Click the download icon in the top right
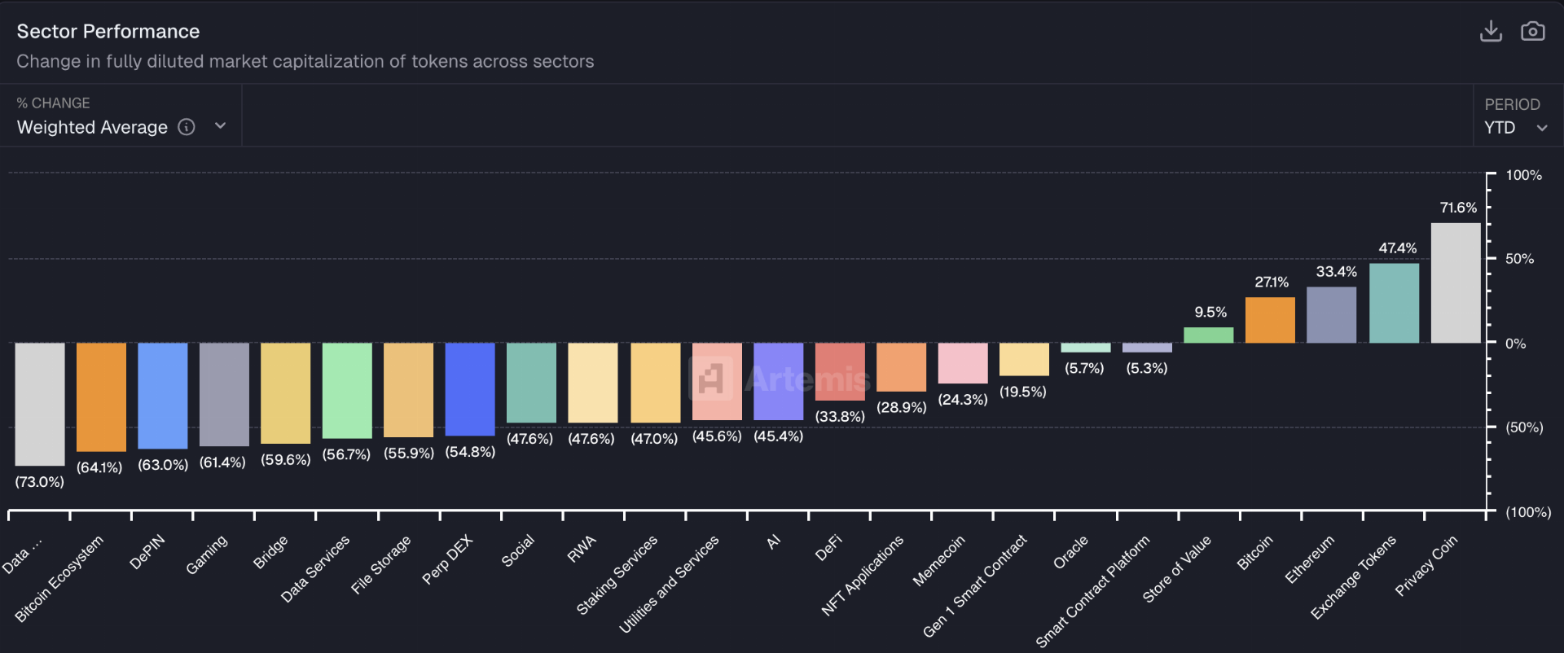pyautogui.click(x=1491, y=31)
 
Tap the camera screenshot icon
pyautogui.click(x=1532, y=31)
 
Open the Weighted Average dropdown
pyautogui.click(x=220, y=126)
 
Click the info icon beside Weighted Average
pyautogui.click(x=187, y=127)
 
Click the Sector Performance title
pyautogui.click(x=108, y=31)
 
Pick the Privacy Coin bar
pyautogui.click(x=1455, y=283)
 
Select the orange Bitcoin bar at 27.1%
pyautogui.click(x=1270, y=320)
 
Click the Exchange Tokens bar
pyautogui.click(x=1394, y=303)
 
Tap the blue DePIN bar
pyautogui.click(x=163, y=395)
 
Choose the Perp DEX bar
pyautogui.click(x=470, y=388)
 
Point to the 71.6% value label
pyautogui.click(x=1458, y=208)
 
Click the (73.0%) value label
pyautogui.click(x=39, y=482)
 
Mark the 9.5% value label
pyautogui.click(x=1210, y=312)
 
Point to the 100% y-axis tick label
pyautogui.click(x=1523, y=175)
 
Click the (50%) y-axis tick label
pyautogui.click(x=1524, y=427)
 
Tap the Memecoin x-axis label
pyautogui.click(x=938, y=560)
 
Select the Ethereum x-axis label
pyautogui.click(x=1310, y=559)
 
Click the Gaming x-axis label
pyautogui.click(x=207, y=555)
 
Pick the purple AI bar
pyautogui.click(x=778, y=381)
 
